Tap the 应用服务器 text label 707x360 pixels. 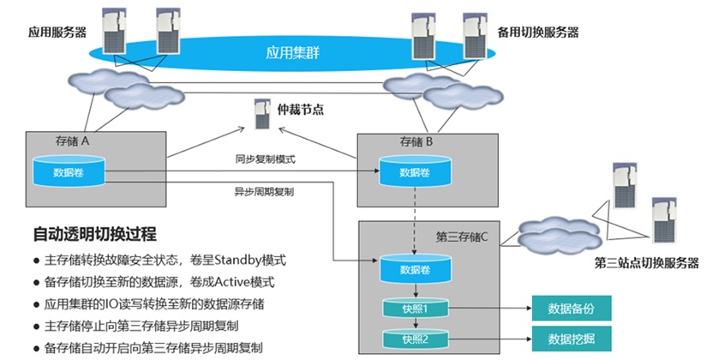pos(58,33)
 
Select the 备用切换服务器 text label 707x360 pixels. pos(538,33)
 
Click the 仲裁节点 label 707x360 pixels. pos(303,110)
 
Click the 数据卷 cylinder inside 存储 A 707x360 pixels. pos(69,171)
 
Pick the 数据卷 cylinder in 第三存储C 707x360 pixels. pos(415,269)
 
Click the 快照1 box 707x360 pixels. pos(414,307)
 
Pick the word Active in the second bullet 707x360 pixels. pos(217,283)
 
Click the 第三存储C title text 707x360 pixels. pos(462,237)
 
